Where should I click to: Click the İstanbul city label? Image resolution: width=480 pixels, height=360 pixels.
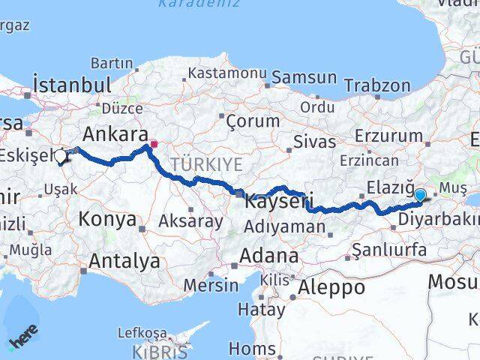[73, 83]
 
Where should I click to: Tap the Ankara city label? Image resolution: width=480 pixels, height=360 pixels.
[115, 134]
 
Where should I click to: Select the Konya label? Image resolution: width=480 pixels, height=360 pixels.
[108, 219]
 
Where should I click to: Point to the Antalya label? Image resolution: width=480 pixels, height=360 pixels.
[124, 261]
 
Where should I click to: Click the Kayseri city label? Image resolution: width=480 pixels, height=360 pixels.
[278, 200]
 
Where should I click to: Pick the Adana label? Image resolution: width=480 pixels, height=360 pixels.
[268, 256]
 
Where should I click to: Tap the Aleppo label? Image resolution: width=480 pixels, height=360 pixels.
[331, 286]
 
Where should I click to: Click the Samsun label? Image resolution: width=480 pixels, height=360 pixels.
[304, 77]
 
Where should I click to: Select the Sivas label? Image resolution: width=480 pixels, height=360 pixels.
[310, 140]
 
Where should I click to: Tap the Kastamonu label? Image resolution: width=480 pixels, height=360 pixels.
[227, 73]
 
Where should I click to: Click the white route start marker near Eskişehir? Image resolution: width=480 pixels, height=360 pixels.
[60, 157]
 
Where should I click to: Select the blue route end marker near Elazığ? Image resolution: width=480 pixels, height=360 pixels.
[420, 196]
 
